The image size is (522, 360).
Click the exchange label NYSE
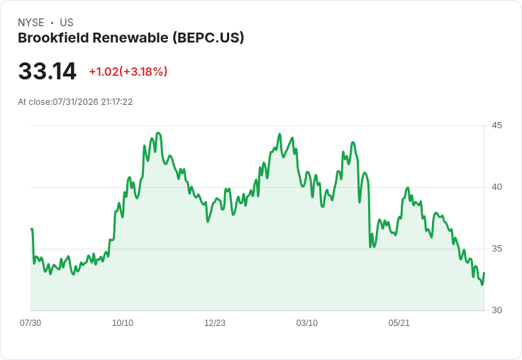[31, 23]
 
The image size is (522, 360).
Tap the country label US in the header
[67, 23]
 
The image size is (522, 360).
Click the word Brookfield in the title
[53, 38]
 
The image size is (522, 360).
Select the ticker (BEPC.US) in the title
[209, 38]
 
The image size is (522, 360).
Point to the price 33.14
[48, 71]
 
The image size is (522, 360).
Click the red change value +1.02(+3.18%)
[128, 72]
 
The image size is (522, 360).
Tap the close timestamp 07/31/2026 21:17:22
[92, 102]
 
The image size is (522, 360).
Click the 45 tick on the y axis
[496, 125]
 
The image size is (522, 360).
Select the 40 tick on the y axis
[496, 187]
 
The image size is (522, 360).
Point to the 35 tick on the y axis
[496, 249]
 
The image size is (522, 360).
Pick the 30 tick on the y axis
[496, 310]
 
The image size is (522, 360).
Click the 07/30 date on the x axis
[30, 322]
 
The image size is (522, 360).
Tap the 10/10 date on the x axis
[123, 322]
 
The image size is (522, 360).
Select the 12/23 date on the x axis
[215, 322]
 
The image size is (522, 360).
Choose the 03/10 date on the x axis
[307, 322]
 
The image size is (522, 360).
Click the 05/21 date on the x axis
[399, 322]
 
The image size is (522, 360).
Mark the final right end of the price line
[484, 273]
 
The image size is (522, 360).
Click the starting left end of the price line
[31, 229]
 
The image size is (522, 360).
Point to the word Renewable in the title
[130, 38]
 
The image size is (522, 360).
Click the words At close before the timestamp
[35, 102]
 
